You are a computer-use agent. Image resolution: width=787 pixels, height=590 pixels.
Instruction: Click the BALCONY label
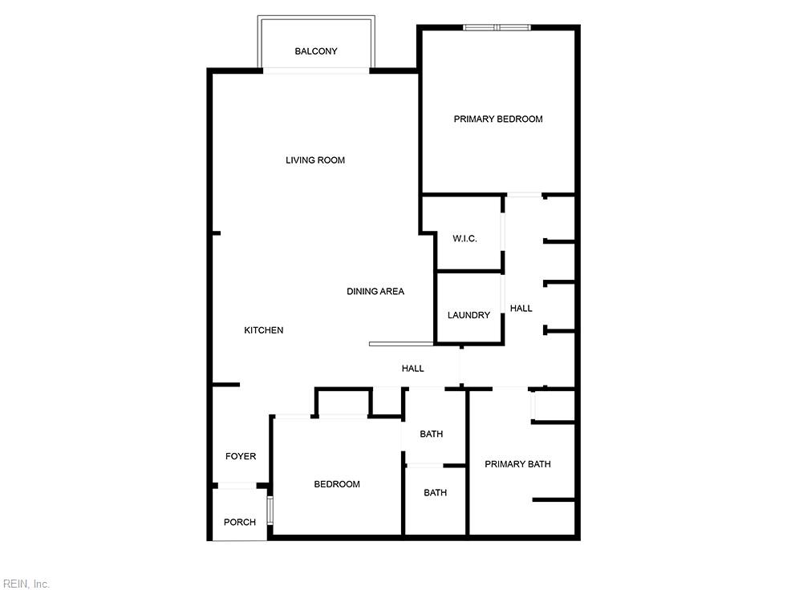[316, 51]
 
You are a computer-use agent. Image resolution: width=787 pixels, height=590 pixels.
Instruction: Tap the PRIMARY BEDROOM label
[498, 119]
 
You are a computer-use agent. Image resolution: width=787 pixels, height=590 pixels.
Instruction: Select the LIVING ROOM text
[315, 160]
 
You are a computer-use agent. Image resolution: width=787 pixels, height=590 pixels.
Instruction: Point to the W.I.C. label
[464, 238]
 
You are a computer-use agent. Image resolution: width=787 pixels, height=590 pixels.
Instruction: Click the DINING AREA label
[375, 291]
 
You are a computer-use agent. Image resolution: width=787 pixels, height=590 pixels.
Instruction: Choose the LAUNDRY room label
[469, 315]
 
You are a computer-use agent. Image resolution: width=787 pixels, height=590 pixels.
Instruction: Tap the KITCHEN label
[263, 330]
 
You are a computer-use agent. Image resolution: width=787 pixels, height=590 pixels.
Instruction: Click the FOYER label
[241, 456]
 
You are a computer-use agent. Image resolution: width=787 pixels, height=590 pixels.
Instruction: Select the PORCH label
[239, 522]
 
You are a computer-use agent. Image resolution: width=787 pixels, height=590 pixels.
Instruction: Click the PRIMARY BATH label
[517, 464]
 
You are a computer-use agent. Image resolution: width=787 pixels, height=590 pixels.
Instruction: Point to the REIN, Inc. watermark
[25, 584]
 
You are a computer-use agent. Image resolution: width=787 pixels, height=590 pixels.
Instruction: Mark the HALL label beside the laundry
[521, 308]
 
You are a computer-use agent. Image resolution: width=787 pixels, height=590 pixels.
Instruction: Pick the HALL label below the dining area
[412, 368]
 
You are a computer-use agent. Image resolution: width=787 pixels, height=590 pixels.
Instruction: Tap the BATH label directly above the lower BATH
[431, 434]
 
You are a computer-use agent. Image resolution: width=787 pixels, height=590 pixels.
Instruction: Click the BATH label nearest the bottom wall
[435, 493]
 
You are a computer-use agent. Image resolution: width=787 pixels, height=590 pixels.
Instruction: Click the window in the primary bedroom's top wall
[497, 27]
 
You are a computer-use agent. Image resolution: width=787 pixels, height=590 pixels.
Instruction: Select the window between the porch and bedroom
[270, 510]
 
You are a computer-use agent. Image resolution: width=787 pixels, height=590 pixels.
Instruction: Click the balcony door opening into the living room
[316, 71]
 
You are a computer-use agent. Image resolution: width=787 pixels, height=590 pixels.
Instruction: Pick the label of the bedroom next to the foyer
[337, 484]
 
